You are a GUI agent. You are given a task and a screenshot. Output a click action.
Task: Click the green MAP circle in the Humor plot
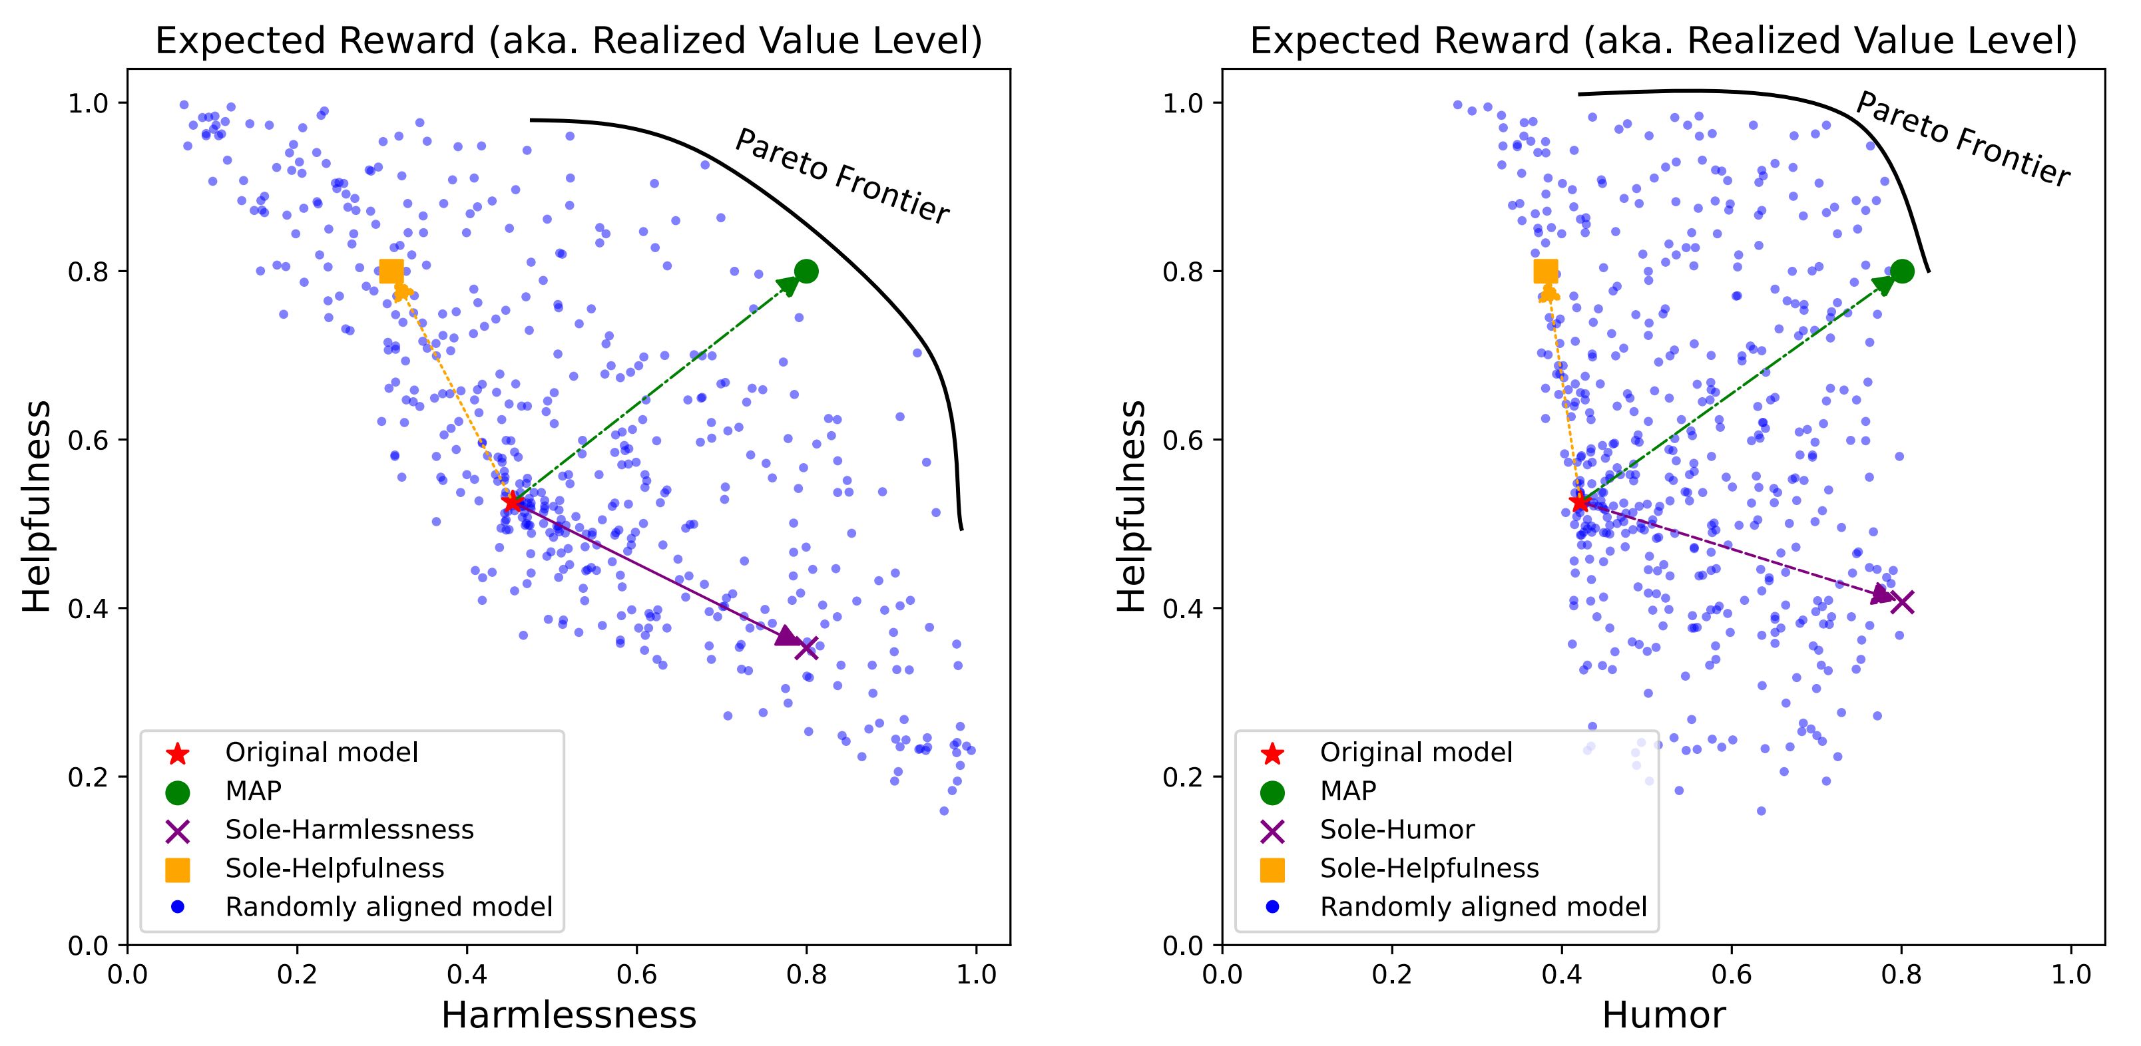pos(1901,271)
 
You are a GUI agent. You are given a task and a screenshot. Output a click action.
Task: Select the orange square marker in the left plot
pos(391,271)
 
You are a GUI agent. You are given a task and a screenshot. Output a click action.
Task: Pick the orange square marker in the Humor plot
pos(1546,271)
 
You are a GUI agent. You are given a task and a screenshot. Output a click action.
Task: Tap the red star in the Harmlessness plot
pos(512,502)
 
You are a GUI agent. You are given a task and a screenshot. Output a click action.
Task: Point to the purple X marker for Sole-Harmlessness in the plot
pos(806,647)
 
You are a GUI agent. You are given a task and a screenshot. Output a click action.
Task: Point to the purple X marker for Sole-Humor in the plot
pos(1901,602)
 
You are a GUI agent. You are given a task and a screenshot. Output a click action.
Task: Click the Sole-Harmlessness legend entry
pos(349,829)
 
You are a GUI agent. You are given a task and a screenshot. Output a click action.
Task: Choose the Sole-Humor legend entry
pos(1397,829)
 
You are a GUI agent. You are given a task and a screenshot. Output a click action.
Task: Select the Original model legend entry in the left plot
pos(322,753)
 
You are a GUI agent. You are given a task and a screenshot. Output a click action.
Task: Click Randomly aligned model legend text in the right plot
pos(1483,906)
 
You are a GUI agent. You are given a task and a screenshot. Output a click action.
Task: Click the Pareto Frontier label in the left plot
pos(842,177)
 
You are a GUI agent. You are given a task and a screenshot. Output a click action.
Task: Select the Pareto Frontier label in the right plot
pos(1963,140)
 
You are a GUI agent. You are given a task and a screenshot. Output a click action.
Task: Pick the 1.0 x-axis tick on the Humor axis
pos(2071,973)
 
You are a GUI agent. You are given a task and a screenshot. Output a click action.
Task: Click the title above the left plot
pos(569,41)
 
